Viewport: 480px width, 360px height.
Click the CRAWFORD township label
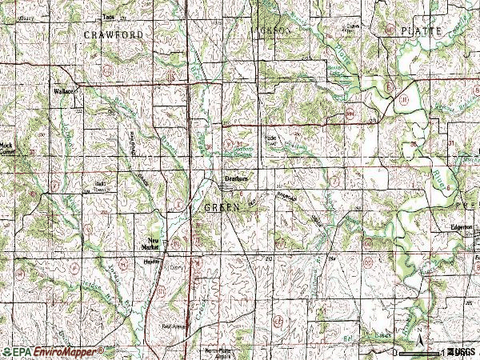click(x=112, y=35)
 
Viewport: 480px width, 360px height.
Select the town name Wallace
click(x=65, y=92)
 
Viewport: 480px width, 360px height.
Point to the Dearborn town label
click(x=234, y=178)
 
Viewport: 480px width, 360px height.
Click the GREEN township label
click(x=222, y=207)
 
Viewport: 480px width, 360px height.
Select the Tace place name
click(x=110, y=17)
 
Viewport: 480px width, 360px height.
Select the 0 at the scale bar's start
click(x=394, y=352)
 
